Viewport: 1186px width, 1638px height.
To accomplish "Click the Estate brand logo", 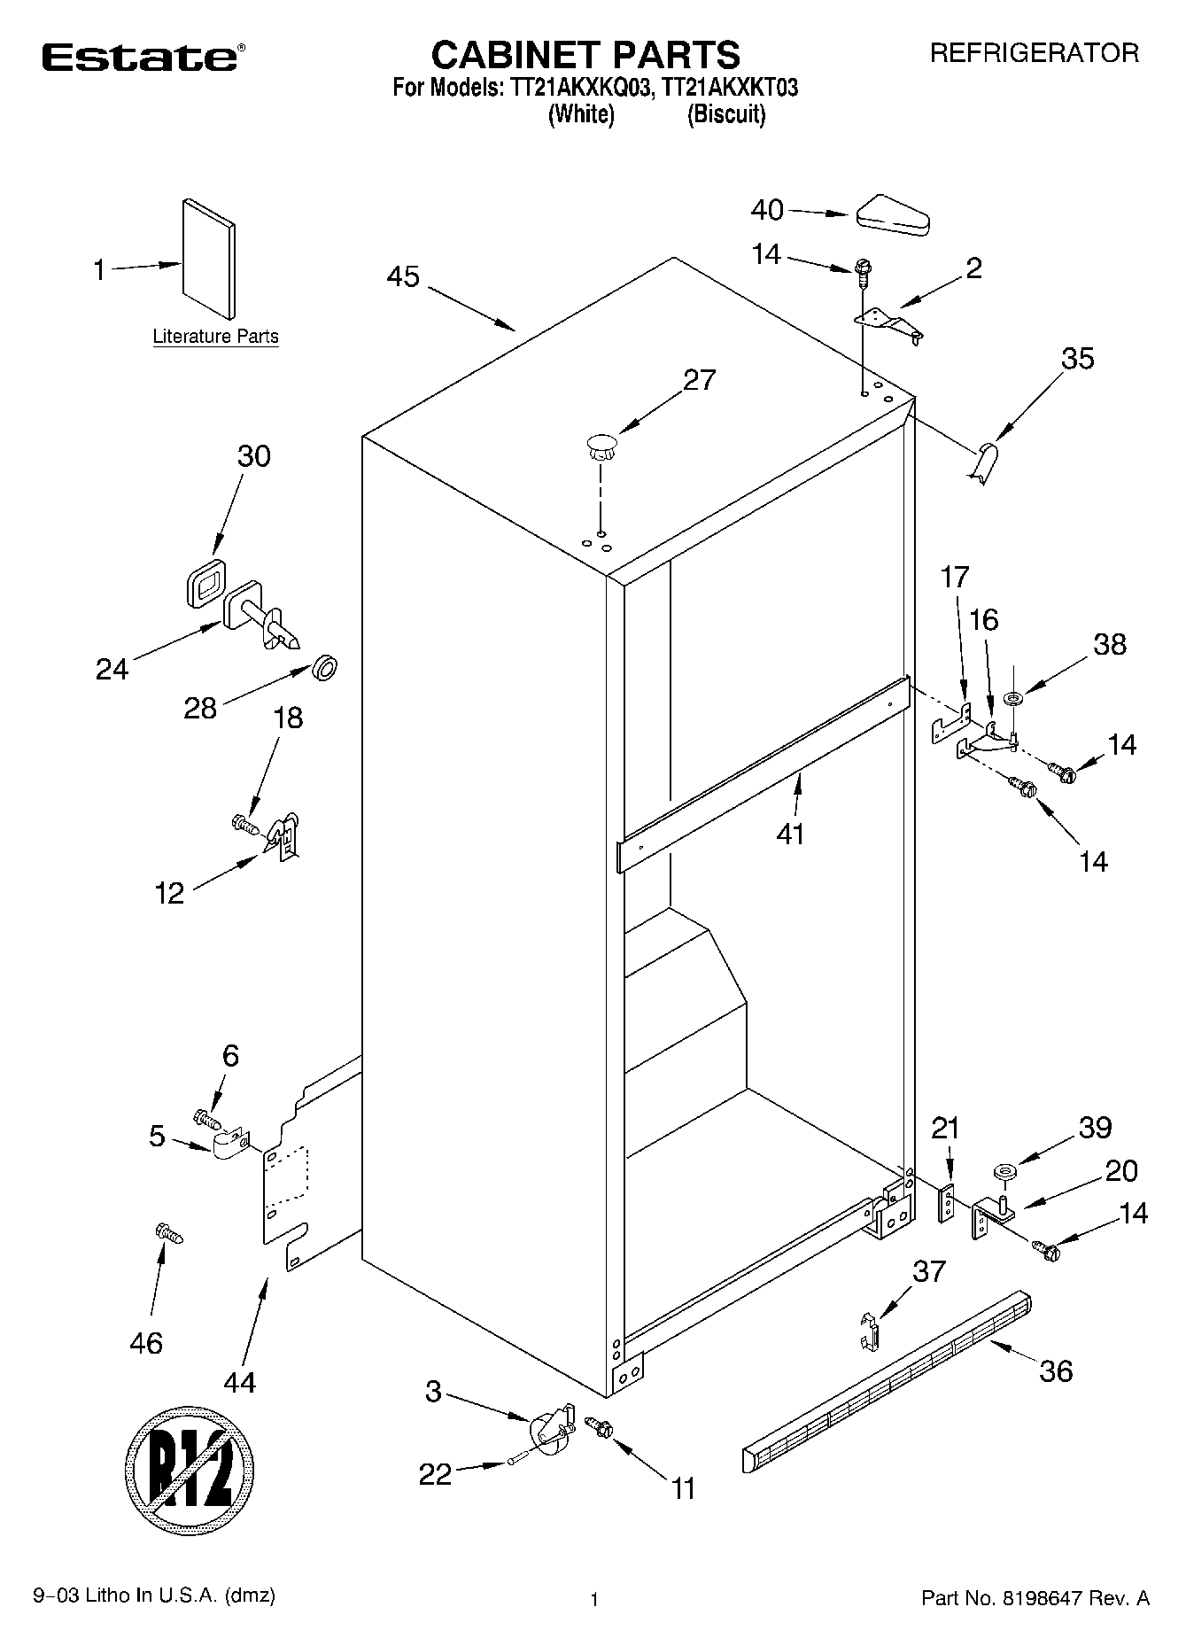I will pos(140,58).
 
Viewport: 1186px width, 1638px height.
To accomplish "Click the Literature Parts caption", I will pos(215,337).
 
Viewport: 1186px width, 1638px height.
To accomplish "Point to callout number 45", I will pos(403,276).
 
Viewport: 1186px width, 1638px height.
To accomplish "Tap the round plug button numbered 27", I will pos(601,445).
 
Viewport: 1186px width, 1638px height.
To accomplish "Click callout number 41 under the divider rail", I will pos(790,834).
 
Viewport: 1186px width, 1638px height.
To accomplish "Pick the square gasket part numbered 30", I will pos(205,584).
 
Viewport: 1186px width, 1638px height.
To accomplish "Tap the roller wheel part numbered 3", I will pos(549,1428).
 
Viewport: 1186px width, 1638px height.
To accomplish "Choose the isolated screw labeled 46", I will pos(168,1233).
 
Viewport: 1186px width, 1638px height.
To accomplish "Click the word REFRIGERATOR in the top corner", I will pos(1034,53).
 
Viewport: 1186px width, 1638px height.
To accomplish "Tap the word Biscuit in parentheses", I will pos(726,114).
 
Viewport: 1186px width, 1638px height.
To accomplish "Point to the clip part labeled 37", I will pos(869,1331).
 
